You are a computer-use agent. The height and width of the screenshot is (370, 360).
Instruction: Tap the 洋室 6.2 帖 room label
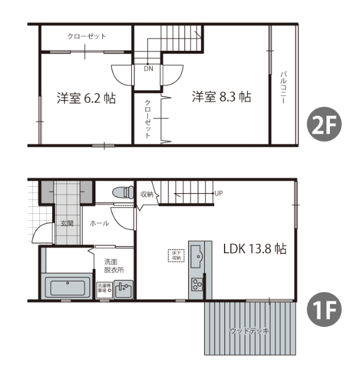(86, 98)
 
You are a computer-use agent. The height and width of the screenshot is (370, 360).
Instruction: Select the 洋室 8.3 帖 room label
(222, 97)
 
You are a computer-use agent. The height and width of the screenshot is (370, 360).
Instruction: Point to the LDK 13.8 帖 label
(255, 249)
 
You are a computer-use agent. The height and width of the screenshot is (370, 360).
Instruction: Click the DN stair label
(149, 68)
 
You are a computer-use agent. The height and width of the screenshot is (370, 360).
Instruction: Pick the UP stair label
(218, 193)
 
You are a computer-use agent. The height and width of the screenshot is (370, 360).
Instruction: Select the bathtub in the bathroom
(68, 287)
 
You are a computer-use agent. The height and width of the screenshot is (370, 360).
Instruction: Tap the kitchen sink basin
(197, 254)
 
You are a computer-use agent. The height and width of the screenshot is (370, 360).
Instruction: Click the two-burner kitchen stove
(197, 284)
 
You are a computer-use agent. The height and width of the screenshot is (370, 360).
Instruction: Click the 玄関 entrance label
(67, 223)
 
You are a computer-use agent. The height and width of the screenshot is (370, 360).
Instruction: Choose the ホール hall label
(100, 223)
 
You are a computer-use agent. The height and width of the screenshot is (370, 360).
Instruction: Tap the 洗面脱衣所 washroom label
(113, 265)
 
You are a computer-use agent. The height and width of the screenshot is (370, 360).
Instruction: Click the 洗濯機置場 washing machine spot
(104, 287)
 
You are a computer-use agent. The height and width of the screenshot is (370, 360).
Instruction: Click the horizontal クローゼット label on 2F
(87, 36)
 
